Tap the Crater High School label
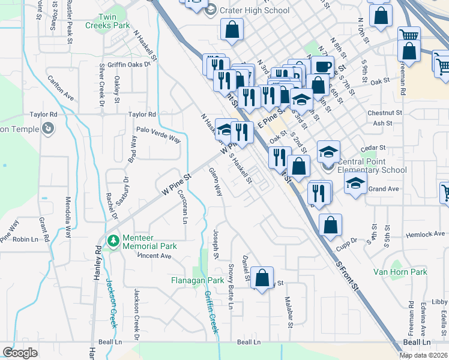tap(255, 10)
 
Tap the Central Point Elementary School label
tap(372, 166)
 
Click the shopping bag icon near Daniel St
tap(262, 278)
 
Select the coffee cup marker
tap(322, 66)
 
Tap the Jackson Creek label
tap(110, 304)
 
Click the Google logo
tap(20, 352)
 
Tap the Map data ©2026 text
tap(423, 355)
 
